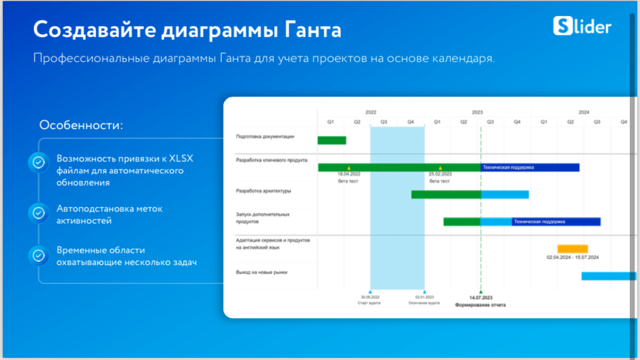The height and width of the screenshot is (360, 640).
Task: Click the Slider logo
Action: click(582, 26)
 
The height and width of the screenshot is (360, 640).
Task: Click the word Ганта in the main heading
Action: click(311, 30)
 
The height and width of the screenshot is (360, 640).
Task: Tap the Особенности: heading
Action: click(81, 125)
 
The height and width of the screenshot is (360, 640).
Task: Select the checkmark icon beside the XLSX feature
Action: click(39, 163)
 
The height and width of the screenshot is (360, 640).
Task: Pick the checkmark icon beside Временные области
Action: click(39, 255)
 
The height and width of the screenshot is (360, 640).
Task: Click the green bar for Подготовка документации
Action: click(332, 140)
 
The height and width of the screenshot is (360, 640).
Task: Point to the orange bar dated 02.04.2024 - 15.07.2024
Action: click(572, 249)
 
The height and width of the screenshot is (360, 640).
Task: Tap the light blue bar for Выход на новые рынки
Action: click(608, 276)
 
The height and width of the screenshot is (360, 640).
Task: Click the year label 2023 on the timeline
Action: click(477, 113)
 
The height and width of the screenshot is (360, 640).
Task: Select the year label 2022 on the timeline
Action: click(371, 113)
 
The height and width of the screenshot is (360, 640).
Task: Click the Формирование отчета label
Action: click(480, 305)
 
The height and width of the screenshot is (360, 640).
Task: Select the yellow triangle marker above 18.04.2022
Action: click(349, 167)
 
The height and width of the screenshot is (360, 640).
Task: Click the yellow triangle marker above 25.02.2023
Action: click(440, 167)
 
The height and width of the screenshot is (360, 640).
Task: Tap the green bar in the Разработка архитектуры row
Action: click(446, 194)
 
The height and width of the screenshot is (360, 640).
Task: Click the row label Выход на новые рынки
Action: click(261, 272)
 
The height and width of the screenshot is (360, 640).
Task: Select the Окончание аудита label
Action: click(424, 303)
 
